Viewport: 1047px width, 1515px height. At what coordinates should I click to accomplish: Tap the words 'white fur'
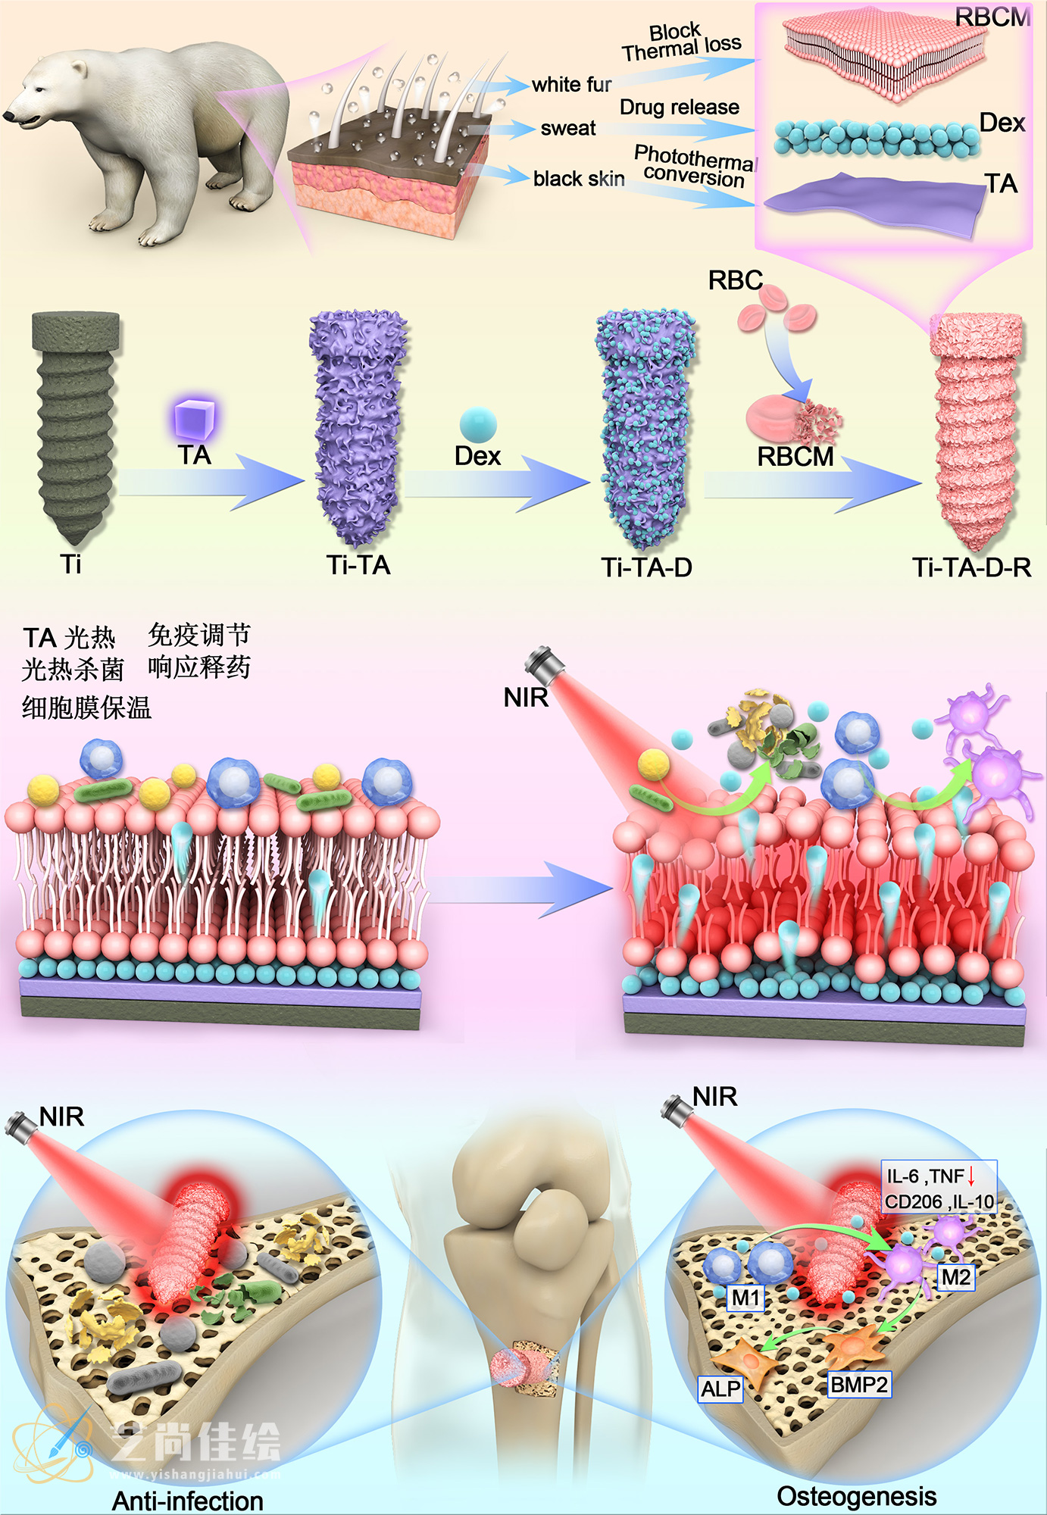click(571, 84)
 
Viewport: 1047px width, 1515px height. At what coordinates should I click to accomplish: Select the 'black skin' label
click(579, 179)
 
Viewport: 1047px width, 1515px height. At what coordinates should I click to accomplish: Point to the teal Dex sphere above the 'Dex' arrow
click(478, 423)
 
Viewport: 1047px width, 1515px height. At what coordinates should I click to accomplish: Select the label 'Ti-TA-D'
click(646, 567)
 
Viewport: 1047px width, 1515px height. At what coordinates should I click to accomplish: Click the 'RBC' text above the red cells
click(735, 280)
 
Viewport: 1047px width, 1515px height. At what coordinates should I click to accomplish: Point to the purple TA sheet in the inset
click(875, 201)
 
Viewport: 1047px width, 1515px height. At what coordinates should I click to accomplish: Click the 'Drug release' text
click(679, 108)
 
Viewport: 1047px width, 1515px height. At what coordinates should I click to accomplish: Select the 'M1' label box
click(745, 1298)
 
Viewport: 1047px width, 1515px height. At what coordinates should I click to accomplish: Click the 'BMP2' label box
click(858, 1385)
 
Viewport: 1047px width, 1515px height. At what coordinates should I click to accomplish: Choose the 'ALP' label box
click(720, 1388)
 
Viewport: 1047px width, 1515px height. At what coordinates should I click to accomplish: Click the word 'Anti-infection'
click(188, 1501)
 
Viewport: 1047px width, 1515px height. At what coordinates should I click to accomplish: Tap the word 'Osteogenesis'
click(856, 1496)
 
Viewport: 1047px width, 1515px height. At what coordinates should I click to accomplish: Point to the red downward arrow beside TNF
click(971, 1176)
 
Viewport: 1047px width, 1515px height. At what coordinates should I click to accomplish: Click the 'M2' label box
click(955, 1278)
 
